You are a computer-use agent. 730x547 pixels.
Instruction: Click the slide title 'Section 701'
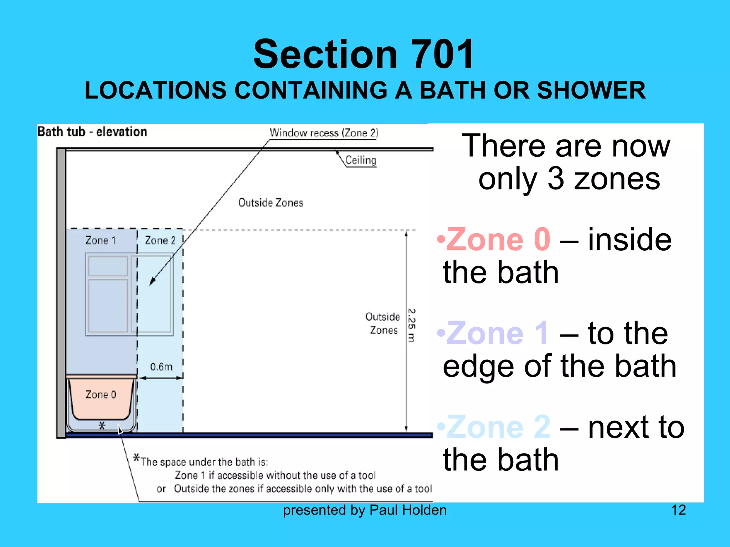click(x=364, y=54)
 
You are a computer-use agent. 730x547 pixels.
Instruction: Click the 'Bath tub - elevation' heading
click(x=92, y=131)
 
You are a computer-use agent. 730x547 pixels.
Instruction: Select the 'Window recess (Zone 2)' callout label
click(x=324, y=133)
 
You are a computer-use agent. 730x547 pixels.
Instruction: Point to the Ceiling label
click(x=361, y=160)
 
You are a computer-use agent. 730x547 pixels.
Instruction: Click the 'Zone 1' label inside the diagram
click(x=101, y=240)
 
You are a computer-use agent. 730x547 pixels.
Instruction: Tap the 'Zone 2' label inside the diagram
click(x=160, y=240)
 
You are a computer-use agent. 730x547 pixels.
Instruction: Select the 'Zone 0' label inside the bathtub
click(x=101, y=395)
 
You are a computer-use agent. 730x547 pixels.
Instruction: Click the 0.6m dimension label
click(x=161, y=367)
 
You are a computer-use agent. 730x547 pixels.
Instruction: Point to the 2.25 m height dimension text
click(x=411, y=325)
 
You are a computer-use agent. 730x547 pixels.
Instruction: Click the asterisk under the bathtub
click(x=102, y=426)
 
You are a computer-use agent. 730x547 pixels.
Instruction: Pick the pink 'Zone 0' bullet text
click(x=498, y=240)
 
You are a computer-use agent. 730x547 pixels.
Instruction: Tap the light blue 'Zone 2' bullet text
click(x=498, y=427)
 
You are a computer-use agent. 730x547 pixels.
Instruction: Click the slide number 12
click(x=678, y=510)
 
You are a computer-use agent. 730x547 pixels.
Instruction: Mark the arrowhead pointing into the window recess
click(x=152, y=281)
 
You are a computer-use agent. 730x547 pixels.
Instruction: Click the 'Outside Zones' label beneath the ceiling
click(x=271, y=203)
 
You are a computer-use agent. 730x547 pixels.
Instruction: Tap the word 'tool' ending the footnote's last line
click(x=423, y=489)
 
